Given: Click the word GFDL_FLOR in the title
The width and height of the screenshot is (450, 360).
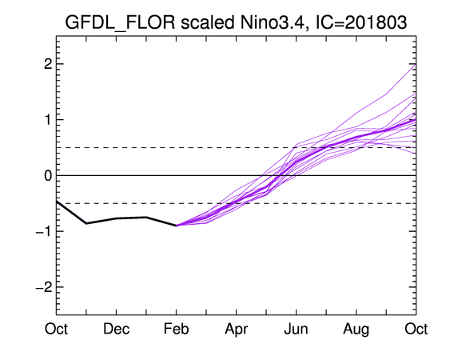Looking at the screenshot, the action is (120, 23).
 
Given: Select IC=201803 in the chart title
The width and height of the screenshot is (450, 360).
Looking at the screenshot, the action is (361, 22).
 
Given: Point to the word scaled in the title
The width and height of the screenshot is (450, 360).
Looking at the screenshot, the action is (207, 22).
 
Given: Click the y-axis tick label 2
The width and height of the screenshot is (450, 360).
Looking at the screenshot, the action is (48, 64).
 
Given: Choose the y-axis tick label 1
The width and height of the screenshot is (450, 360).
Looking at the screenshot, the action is (48, 120).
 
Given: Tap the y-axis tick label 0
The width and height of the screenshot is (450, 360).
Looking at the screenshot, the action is (48, 175).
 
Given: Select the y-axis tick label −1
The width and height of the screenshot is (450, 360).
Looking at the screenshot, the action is (44, 231).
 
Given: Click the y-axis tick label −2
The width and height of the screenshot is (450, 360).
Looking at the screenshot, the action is (44, 287).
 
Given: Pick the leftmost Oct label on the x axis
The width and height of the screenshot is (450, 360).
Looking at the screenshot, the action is (56, 329).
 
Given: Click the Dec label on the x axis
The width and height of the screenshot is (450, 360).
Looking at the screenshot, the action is (116, 329).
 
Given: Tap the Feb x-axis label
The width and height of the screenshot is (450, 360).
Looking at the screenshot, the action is (176, 329).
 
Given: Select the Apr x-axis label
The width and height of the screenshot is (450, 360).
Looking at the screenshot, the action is (237, 330).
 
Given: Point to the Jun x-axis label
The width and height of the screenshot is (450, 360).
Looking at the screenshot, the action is (297, 329).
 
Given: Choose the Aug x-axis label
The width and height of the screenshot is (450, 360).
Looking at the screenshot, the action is (356, 330).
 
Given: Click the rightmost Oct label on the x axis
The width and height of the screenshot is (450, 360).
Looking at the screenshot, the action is (416, 329).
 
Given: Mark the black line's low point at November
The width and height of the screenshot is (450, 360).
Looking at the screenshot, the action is (86, 223).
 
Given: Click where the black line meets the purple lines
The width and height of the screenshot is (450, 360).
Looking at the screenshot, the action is (176, 226).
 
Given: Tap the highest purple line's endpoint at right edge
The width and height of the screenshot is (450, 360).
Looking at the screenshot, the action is (416, 64).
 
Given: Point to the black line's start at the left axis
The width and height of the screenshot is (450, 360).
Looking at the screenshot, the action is (57, 202).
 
